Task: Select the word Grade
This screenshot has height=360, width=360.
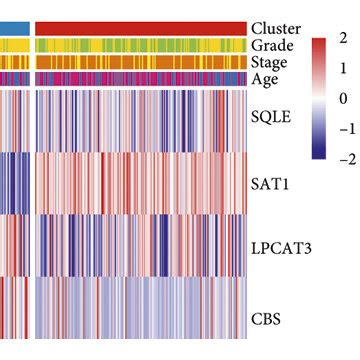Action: [x=272, y=46]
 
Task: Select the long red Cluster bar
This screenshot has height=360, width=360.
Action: [x=140, y=28]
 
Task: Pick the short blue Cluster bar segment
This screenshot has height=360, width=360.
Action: [x=13, y=28]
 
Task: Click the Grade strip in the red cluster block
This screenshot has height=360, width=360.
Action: [x=140, y=46]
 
